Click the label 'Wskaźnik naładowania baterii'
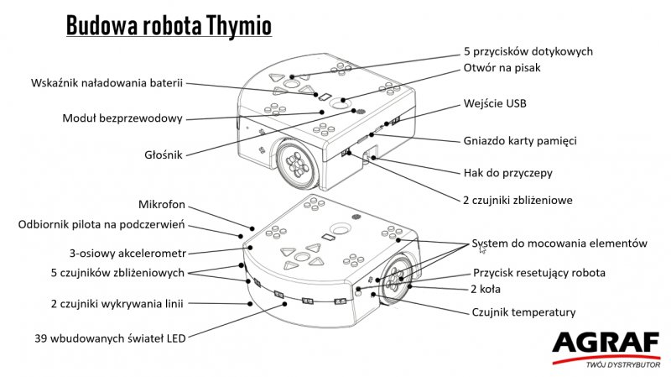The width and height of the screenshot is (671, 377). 107,84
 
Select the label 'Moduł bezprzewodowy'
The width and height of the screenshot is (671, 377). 122,118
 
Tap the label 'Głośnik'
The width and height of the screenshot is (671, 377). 162,154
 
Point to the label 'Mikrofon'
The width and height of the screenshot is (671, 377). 161,205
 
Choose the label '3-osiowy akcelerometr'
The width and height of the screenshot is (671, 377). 127,252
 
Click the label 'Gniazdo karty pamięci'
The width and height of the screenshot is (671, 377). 520,140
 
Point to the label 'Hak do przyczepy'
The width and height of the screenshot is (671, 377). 508,173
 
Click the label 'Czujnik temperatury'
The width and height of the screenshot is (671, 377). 524,312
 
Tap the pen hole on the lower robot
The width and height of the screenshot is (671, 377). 340,228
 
